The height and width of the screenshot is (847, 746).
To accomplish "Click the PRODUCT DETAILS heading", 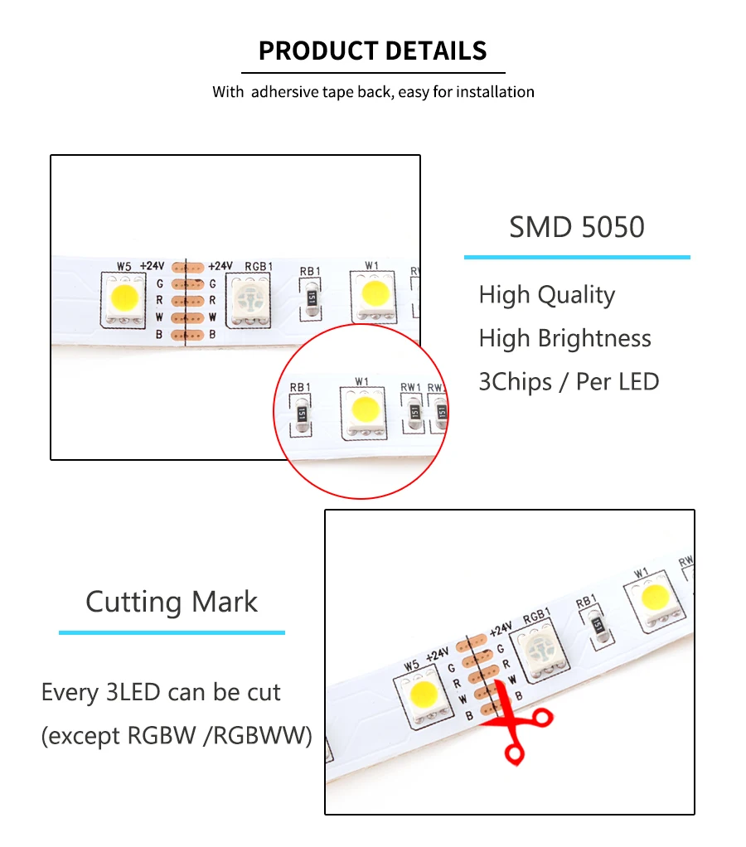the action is pos(372,51).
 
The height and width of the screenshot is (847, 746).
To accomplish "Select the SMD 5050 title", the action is pos(576,226).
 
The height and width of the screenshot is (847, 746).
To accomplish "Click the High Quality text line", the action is pos(546,295).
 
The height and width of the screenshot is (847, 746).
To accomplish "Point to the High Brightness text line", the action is pos(564,338).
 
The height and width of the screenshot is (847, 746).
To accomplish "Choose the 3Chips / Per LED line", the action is pos(569,382).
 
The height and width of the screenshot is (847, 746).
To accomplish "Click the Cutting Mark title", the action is pos(172,601).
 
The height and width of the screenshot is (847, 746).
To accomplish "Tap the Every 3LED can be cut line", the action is pos(161,692).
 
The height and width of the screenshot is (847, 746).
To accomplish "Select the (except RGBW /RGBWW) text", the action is pos(177,735).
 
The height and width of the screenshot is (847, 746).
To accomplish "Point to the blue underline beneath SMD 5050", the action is pos(576,258).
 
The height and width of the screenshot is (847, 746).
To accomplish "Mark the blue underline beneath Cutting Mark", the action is pos(172,633).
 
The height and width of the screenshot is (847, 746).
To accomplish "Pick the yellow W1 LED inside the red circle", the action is pos(362,409).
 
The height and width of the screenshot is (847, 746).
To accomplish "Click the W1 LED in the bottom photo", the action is pos(655,598).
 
